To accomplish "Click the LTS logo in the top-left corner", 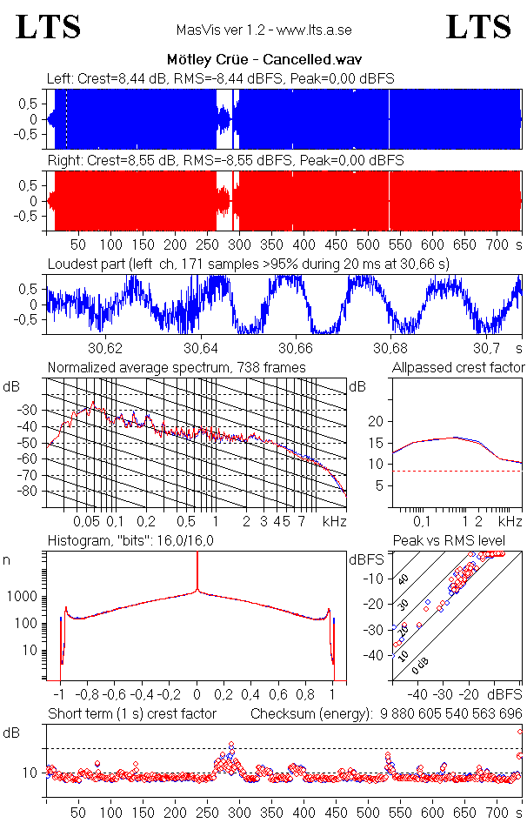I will [49, 27].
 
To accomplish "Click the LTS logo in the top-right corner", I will [478, 27].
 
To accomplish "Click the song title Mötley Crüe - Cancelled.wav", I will [263, 60].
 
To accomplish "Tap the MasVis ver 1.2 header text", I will [263, 30].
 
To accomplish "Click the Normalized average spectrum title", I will [177, 367].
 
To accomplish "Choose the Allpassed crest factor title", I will [458, 367].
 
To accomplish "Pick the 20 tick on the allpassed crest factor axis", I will [377, 421].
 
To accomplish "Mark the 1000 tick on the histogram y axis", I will [24, 597].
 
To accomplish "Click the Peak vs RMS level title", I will [461, 541].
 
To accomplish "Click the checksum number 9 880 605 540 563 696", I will [450, 714].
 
